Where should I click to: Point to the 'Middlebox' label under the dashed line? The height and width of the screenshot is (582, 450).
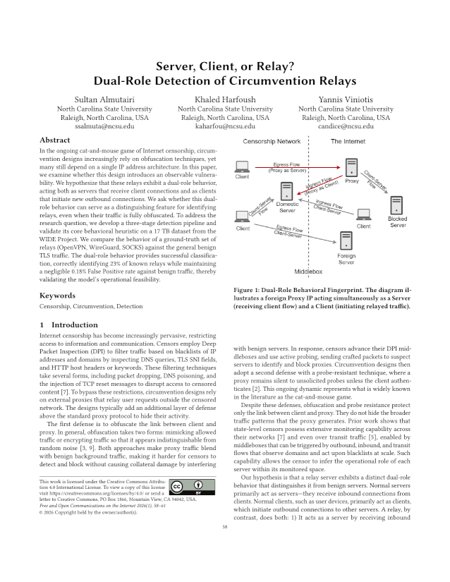pos(308,271)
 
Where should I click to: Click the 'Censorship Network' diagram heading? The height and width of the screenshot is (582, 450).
pos(272,142)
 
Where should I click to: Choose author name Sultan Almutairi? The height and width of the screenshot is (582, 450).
pos(104,98)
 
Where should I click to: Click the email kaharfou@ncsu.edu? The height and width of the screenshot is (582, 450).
pos(224,126)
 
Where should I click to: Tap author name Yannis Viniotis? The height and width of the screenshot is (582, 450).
pos(346,98)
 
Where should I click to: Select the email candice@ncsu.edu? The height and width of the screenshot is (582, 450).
pos(346,126)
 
